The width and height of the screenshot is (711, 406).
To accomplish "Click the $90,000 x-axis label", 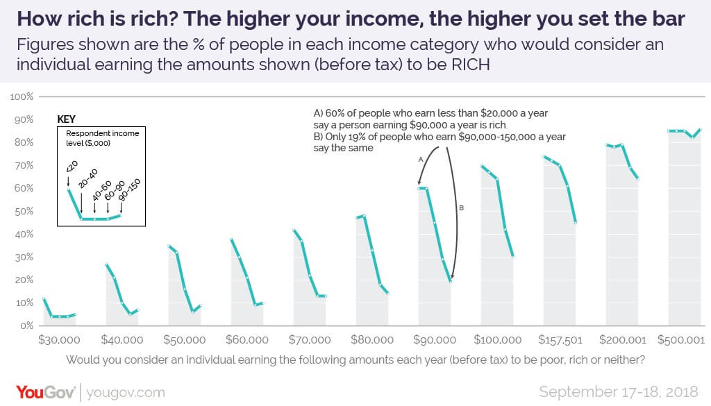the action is pyautogui.click(x=435, y=340).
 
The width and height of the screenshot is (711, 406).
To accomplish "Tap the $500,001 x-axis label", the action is pyautogui.click(x=681, y=340).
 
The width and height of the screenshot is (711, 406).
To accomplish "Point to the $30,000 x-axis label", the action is pyautogui.click(x=59, y=340).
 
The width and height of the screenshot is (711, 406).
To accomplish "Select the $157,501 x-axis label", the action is pyautogui.click(x=560, y=340).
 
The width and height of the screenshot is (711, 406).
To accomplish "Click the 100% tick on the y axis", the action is pyautogui.click(x=22, y=96).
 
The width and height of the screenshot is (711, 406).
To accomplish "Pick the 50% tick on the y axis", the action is pyautogui.click(x=24, y=211).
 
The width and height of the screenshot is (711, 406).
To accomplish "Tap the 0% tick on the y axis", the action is pyautogui.click(x=26, y=325).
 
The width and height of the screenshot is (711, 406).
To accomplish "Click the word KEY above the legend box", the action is pyautogui.click(x=66, y=119).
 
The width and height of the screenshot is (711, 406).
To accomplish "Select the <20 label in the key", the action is pyautogui.click(x=72, y=167).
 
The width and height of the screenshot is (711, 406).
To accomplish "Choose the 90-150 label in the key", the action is pyautogui.click(x=129, y=190).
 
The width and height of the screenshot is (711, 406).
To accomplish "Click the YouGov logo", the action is pyautogui.click(x=45, y=392).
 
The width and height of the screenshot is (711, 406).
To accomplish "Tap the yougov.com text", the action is pyautogui.click(x=126, y=392).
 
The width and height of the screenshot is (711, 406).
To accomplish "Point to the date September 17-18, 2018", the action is pyautogui.click(x=619, y=391).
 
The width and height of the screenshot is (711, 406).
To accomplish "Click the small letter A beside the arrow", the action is pyautogui.click(x=420, y=160).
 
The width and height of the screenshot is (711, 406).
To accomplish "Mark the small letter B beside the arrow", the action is pyautogui.click(x=461, y=208).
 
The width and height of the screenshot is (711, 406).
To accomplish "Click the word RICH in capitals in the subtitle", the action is pyautogui.click(x=471, y=65).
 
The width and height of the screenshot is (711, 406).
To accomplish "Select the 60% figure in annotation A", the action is pyautogui.click(x=335, y=113).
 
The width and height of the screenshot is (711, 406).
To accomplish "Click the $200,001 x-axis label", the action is pyautogui.click(x=622, y=340).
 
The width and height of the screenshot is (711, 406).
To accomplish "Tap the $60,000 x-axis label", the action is pyautogui.click(x=247, y=340).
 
